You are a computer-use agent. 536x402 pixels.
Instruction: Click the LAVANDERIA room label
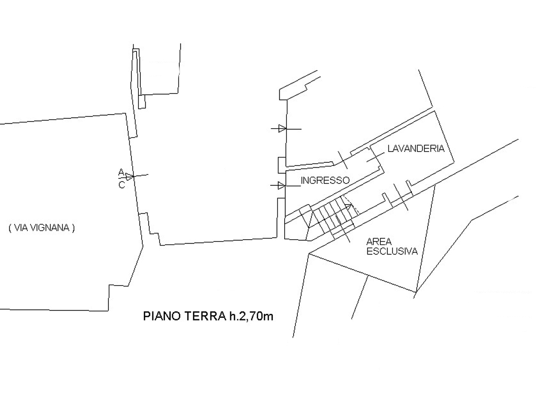(x=416, y=148)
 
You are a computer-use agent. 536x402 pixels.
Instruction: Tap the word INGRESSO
(x=325, y=180)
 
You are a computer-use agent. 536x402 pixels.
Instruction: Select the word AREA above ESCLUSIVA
(x=379, y=242)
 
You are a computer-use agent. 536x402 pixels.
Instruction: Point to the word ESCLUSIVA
(x=392, y=251)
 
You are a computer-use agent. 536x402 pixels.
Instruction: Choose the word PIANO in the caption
(x=163, y=316)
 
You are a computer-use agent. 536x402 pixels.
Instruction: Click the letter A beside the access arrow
(x=121, y=172)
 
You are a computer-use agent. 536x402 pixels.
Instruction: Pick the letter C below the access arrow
(x=121, y=185)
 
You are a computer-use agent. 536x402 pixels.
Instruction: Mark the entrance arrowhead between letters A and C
(x=129, y=177)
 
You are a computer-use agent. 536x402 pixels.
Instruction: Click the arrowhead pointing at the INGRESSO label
(x=282, y=186)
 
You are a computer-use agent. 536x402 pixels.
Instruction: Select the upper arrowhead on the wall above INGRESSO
(x=282, y=129)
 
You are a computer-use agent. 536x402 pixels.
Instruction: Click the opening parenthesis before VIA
(x=10, y=228)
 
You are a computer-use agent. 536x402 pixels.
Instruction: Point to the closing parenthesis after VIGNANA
(x=73, y=228)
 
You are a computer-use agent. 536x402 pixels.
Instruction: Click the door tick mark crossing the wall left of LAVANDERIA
(x=342, y=160)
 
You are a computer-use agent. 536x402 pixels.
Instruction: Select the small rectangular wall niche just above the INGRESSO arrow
(x=281, y=165)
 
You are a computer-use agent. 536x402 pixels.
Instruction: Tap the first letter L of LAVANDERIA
(x=390, y=148)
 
